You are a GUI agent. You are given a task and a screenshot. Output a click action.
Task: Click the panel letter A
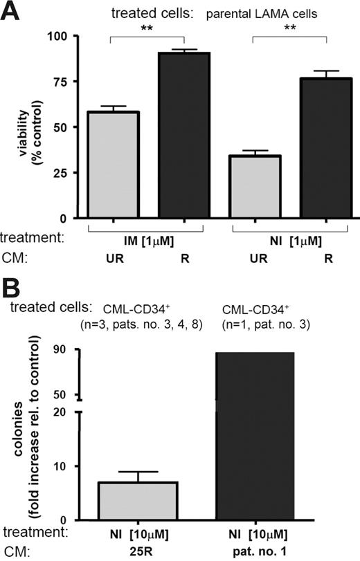(12, 12)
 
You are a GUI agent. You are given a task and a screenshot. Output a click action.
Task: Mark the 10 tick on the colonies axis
(65, 466)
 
